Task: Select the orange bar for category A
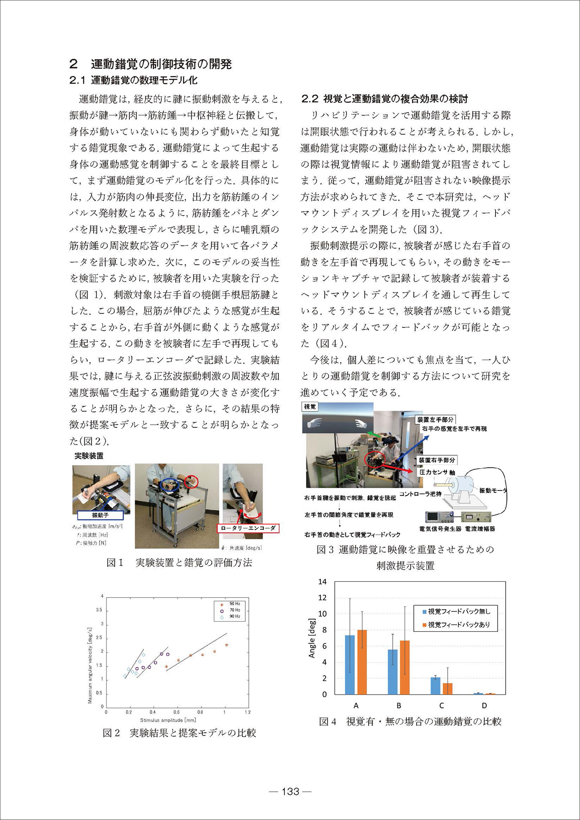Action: tap(362, 662)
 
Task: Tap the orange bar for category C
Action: tap(447, 689)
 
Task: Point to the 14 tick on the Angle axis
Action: tap(322, 582)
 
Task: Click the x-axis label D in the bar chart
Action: tap(484, 705)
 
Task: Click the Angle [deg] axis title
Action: tap(312, 638)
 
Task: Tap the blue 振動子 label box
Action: tap(100, 515)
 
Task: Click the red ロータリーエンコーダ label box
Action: tap(248, 528)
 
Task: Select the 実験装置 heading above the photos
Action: tap(89, 456)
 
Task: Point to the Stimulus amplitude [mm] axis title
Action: tap(168, 720)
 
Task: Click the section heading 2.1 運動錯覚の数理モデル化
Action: tap(133, 80)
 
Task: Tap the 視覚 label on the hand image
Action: tap(310, 406)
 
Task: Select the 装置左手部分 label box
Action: tap(435, 419)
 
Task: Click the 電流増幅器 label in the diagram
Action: tap(480, 529)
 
